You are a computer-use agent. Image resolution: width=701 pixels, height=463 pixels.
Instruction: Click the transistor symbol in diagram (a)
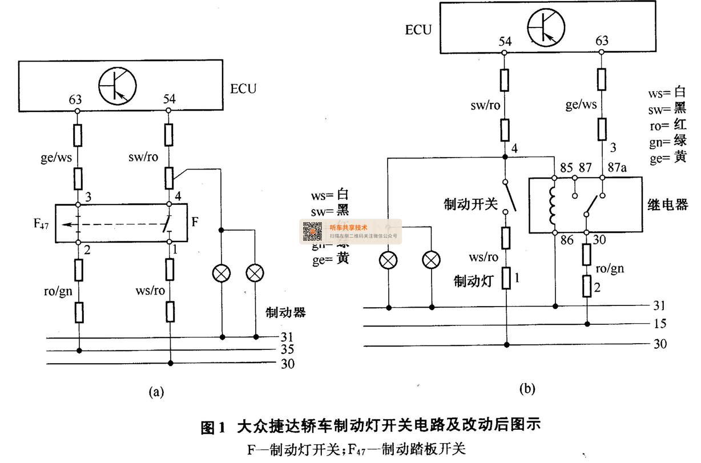(118, 86)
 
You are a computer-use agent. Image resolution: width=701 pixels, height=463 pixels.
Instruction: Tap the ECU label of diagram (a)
(243, 89)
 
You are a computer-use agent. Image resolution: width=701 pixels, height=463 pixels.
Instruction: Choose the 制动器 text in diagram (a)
(285, 312)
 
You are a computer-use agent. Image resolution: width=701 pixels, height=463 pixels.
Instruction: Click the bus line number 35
(288, 349)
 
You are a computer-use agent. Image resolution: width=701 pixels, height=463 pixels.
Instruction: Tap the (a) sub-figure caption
(156, 392)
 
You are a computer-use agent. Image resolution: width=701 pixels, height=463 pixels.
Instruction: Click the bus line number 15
(659, 324)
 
